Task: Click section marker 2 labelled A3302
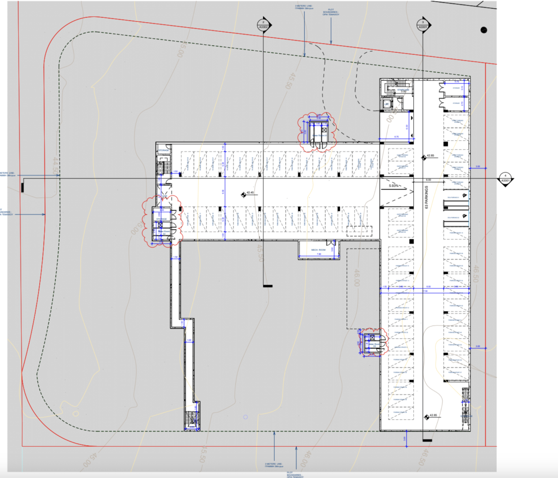pos(263,25)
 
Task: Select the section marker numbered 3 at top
pos(423,25)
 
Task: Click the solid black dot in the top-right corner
pos(483,30)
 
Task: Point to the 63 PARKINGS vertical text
pos(426,197)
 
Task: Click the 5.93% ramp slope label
pos(394,186)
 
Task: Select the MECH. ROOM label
pos(318,250)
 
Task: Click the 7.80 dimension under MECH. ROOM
pos(319,254)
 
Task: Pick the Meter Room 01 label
pos(319,136)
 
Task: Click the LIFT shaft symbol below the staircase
pos(386,104)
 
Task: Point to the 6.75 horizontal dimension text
pos(396,137)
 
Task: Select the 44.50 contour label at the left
pos(55,166)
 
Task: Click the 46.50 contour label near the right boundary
pos(476,274)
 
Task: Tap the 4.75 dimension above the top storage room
pos(456,81)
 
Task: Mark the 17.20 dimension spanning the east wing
pos(425,291)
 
